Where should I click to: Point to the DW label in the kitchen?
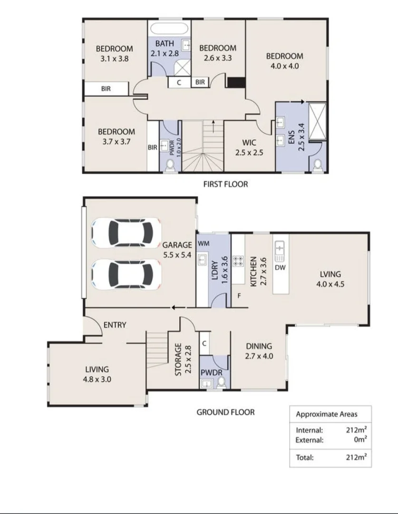[x=280, y=268]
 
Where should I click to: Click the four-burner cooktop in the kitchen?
[x=238, y=261]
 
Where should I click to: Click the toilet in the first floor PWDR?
[x=169, y=165]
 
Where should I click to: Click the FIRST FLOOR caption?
[x=225, y=184]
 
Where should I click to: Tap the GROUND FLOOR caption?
[x=225, y=412]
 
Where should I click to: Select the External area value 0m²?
[x=359, y=440]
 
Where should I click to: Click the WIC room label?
[x=249, y=142]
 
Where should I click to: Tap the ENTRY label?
[x=115, y=325]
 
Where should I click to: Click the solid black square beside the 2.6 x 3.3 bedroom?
[x=235, y=82]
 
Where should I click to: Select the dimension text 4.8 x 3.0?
[x=97, y=379]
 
